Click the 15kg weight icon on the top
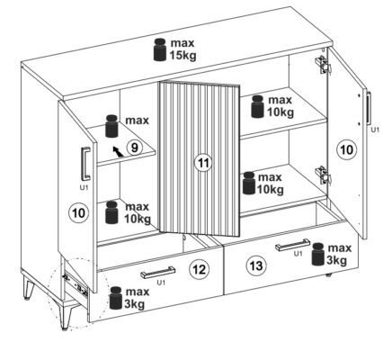coord(160,49)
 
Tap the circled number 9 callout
coord(134,148)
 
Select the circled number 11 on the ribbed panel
coord(203,163)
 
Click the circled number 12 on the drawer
coord(200,269)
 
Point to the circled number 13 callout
coord(255,265)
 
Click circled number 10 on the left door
coord(79,213)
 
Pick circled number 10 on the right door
coord(347,149)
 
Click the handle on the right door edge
coord(369,108)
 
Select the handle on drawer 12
coord(158,272)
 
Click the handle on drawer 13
coord(293,245)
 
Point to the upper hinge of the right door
coord(323,65)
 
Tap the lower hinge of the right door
coord(323,175)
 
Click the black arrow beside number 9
coord(118,151)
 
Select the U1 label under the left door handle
coord(85,188)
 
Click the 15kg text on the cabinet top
coord(183,56)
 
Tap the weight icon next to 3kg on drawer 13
coord(318,255)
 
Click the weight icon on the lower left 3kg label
coord(116,298)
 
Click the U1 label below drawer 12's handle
coord(161,283)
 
